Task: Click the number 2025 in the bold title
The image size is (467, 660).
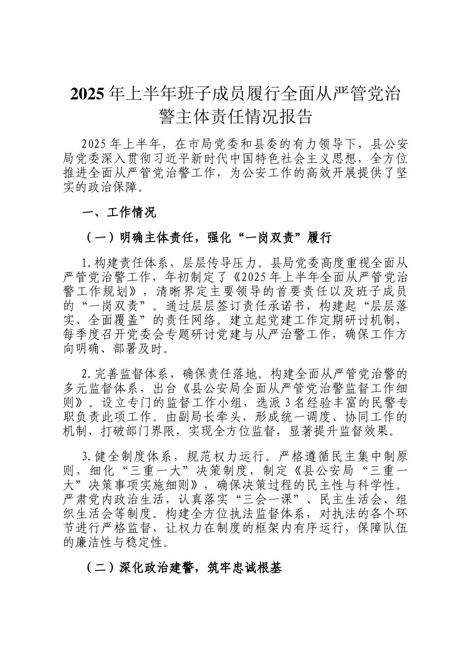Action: tap(87, 93)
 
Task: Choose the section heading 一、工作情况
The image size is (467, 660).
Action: tap(118, 213)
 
